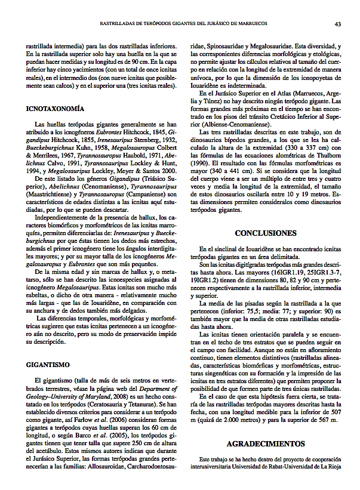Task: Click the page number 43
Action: [337, 24]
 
